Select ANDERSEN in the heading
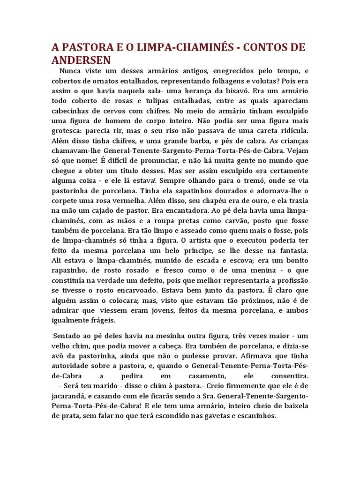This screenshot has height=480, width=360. [x=81, y=60]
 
